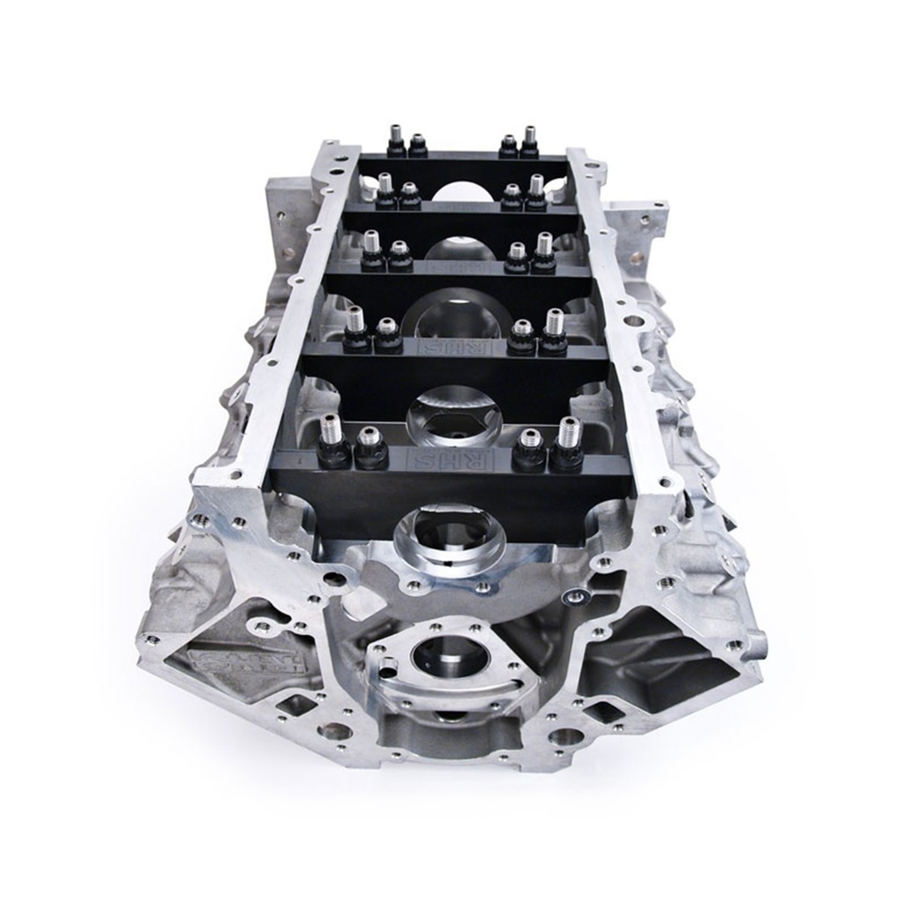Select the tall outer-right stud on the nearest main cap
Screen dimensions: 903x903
[x=569, y=441]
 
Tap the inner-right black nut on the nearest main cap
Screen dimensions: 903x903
[x=529, y=452]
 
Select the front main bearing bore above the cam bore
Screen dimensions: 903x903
[x=450, y=540]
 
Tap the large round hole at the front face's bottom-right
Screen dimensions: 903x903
[x=564, y=735]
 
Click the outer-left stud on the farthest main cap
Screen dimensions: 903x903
[x=394, y=140]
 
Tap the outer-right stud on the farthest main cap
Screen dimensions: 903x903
[x=529, y=141]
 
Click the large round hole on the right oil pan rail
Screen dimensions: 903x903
[x=632, y=321]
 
